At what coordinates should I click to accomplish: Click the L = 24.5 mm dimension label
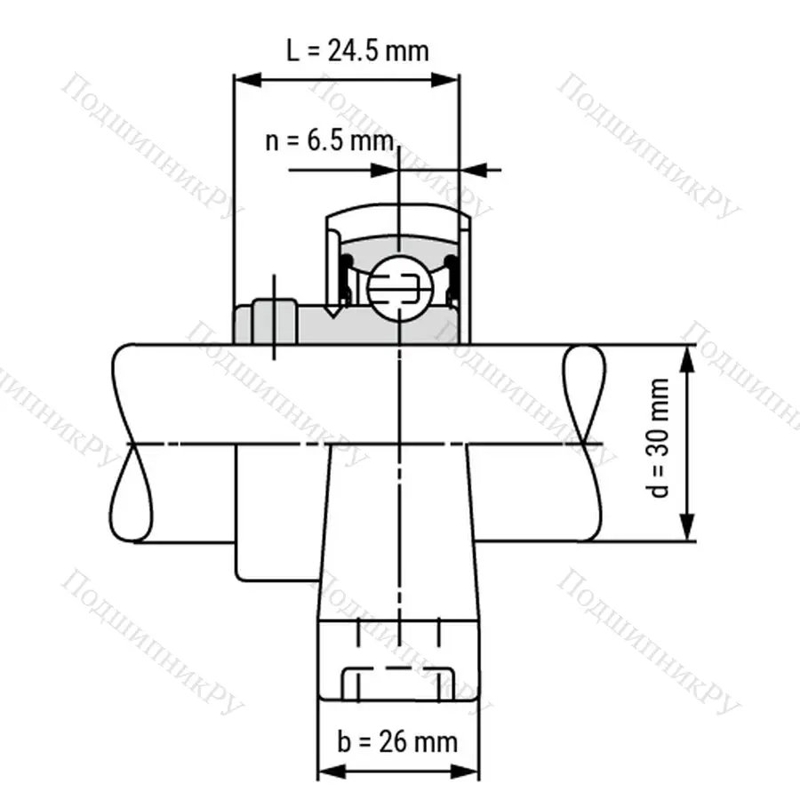click(357, 50)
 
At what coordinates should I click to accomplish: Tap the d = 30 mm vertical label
click(660, 438)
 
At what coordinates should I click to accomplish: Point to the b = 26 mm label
click(397, 740)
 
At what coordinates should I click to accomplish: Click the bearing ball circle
click(398, 286)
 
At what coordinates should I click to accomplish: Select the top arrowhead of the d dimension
click(688, 356)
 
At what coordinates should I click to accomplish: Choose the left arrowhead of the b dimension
click(328, 771)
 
